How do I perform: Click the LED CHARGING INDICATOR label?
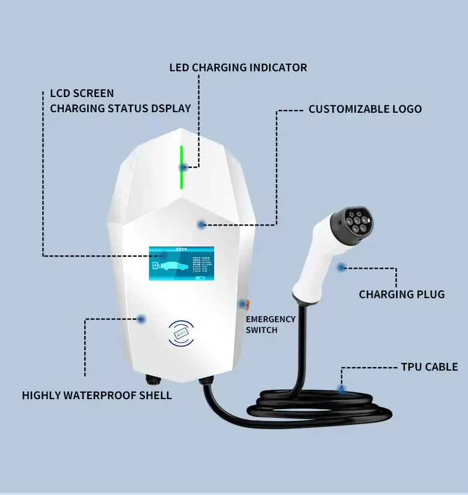pyautogui.click(x=238, y=68)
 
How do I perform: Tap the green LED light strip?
pyautogui.click(x=181, y=167)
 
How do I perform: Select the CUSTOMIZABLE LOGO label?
pyautogui.click(x=365, y=109)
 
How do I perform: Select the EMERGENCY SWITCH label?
pyautogui.click(x=270, y=324)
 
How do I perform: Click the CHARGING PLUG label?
pyautogui.click(x=401, y=295)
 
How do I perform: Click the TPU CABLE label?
pyautogui.click(x=429, y=367)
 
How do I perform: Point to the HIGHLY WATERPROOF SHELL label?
pyautogui.click(x=97, y=396)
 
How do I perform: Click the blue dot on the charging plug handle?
pyautogui.click(x=341, y=267)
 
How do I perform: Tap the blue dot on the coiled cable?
pyautogui.click(x=341, y=389)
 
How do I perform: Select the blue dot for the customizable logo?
pyautogui.click(x=202, y=224)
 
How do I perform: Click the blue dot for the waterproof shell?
pyautogui.click(x=141, y=319)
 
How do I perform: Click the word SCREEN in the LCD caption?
pyautogui.click(x=93, y=94)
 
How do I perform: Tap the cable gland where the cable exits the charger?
pyautogui.click(x=204, y=380)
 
